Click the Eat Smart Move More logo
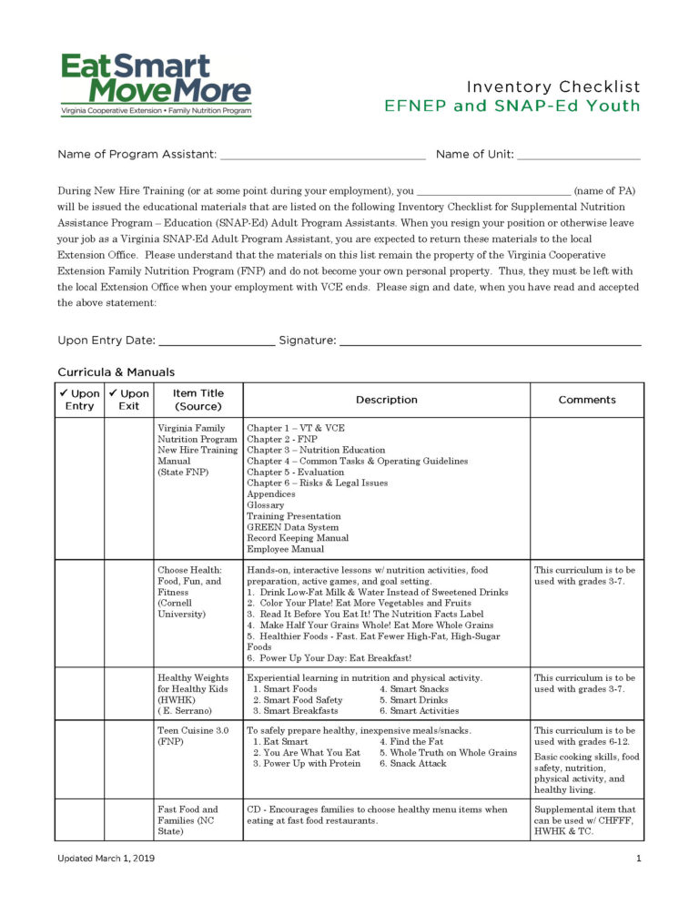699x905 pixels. [156, 84]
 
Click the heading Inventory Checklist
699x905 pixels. [553, 86]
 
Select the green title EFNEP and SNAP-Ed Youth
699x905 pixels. [512, 106]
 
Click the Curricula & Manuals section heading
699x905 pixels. [116, 371]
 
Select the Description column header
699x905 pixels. [386, 400]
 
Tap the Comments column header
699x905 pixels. [586, 400]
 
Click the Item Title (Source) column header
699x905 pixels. [198, 400]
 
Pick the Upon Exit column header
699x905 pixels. [128, 400]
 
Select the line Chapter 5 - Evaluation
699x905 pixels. [295, 473]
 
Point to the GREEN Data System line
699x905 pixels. [292, 527]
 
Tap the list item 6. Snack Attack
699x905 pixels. [412, 764]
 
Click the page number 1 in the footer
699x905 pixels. [638, 859]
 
